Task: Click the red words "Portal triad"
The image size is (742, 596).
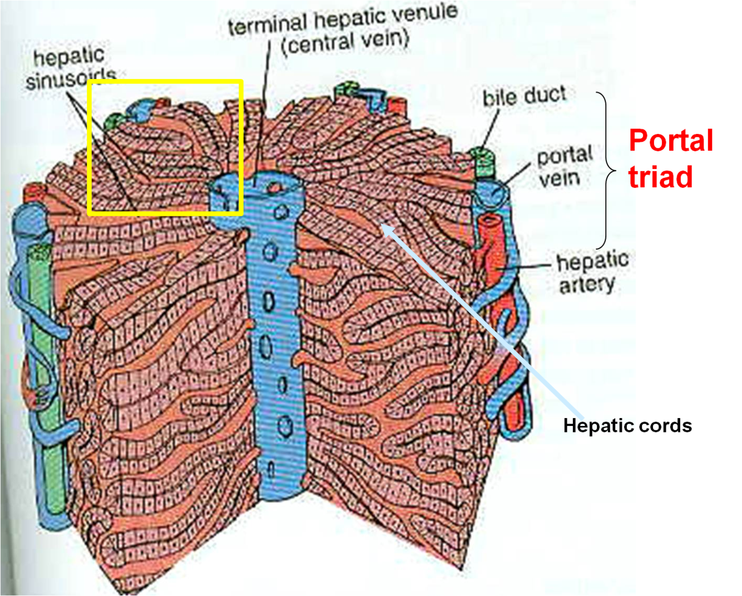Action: [x=670, y=158]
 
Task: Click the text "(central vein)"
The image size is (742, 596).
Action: [x=345, y=42]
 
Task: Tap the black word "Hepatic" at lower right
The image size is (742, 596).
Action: [x=598, y=426]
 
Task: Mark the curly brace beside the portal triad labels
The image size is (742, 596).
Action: [x=606, y=170]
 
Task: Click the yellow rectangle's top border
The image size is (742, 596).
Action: [x=165, y=82]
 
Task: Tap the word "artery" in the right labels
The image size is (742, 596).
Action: [x=587, y=285]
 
